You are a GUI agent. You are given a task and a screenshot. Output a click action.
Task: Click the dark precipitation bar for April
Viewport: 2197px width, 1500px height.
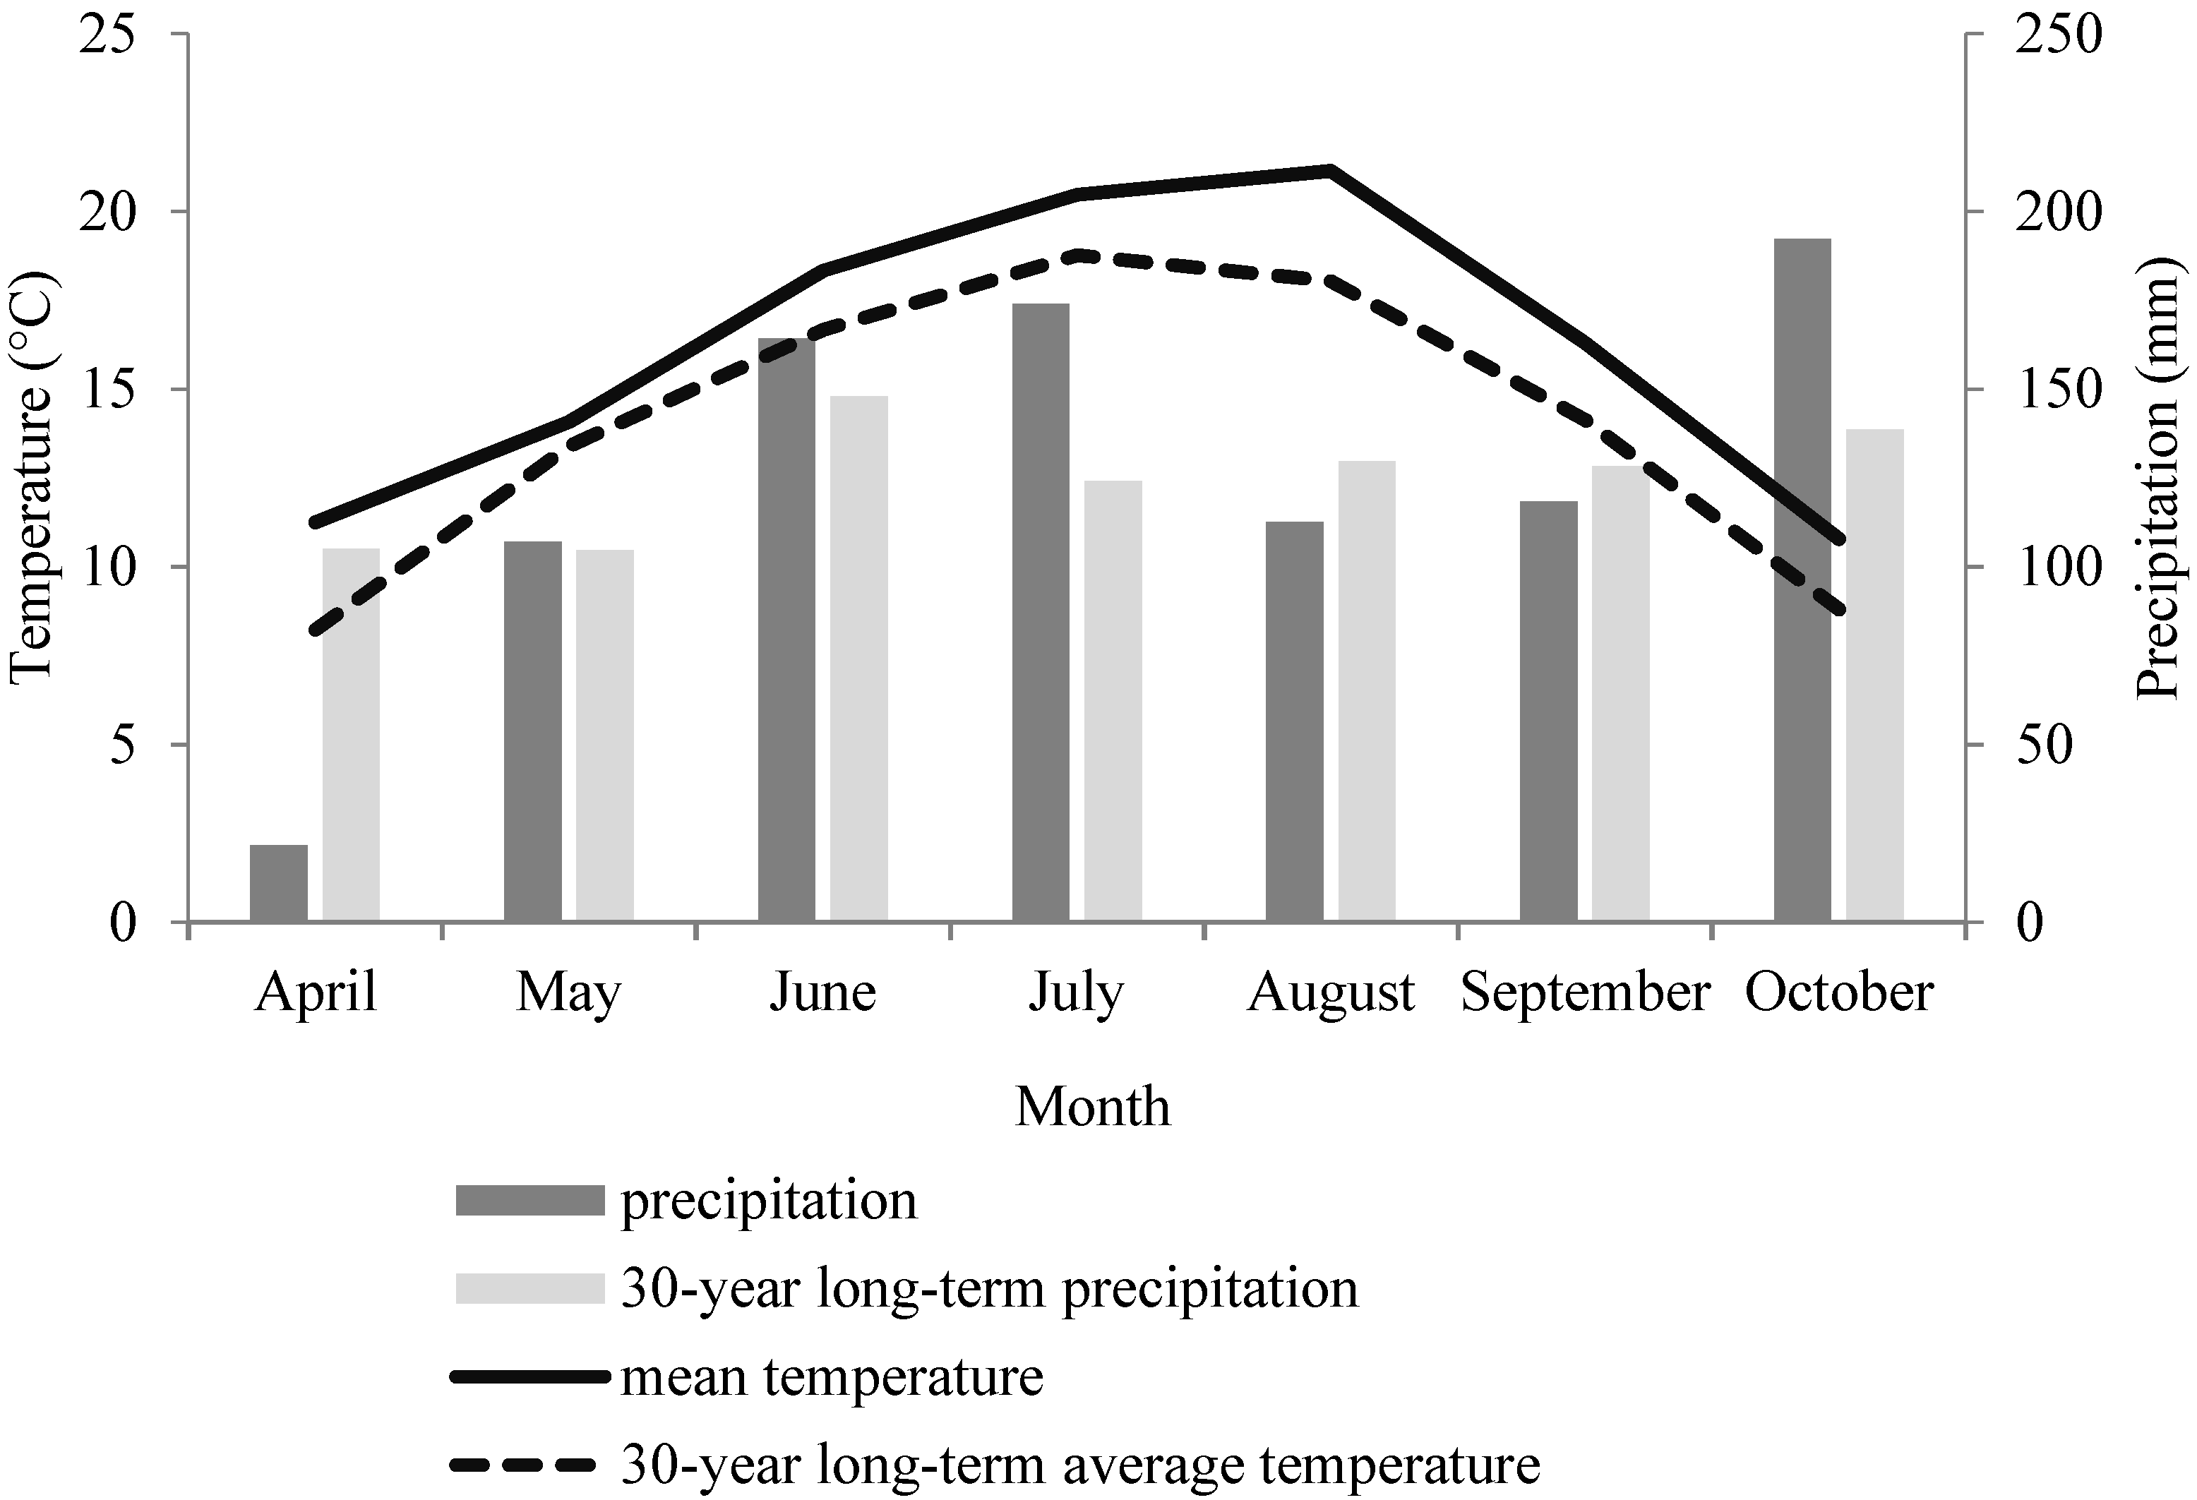[x=279, y=883]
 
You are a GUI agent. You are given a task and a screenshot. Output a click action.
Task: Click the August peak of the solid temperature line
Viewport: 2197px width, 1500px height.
[x=1329, y=171]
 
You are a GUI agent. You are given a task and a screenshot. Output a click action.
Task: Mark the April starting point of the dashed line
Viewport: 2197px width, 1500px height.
[x=316, y=631]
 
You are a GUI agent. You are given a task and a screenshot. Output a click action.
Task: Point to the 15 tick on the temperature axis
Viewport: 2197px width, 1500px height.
[x=107, y=390]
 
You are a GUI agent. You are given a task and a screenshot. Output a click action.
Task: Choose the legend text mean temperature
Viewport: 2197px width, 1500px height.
[x=831, y=1378]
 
